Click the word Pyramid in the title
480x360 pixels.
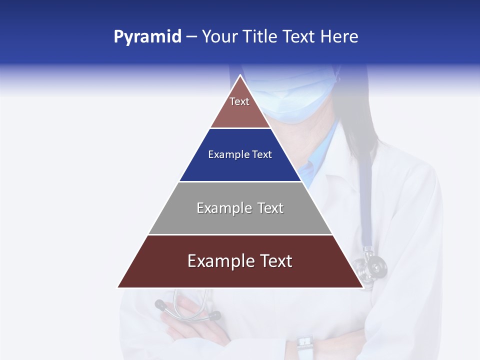[x=147, y=37]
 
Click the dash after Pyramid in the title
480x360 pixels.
[x=191, y=37]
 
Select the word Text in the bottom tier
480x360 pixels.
[x=276, y=261]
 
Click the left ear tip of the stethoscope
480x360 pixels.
[x=160, y=304]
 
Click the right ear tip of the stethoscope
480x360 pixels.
[x=215, y=316]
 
